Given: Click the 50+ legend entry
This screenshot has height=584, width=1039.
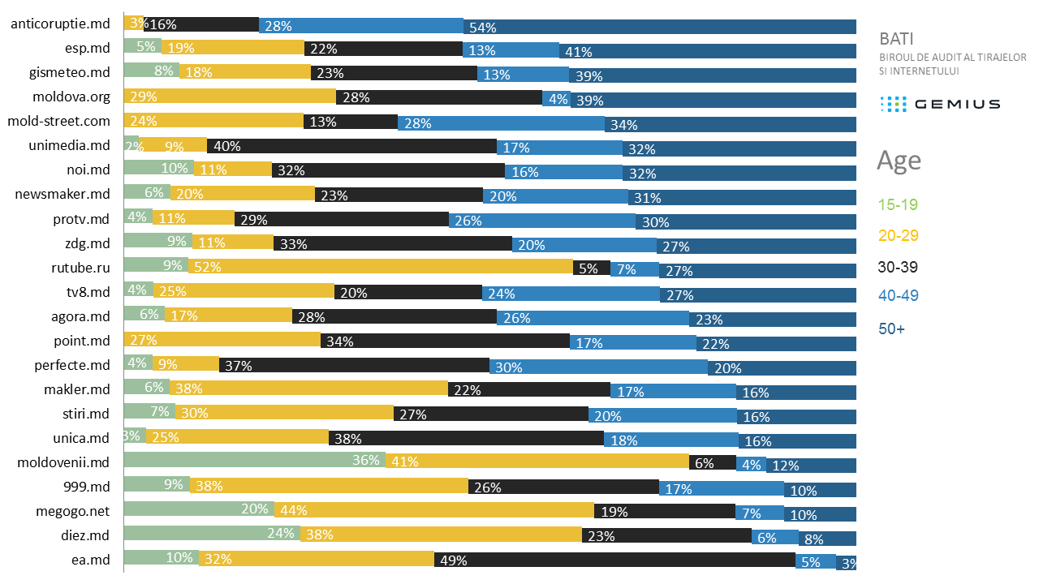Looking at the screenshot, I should coord(891,329).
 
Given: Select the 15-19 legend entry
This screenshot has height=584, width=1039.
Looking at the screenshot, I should coord(897,204).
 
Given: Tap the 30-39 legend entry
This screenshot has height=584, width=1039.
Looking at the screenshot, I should coord(899,267).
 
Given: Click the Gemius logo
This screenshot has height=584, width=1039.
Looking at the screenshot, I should coord(940,104).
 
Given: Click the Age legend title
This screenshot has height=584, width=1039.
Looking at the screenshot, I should coord(899,160).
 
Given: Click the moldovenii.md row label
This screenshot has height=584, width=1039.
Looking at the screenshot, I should coord(63,462).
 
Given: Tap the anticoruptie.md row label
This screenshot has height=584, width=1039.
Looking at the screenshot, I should coord(60,24).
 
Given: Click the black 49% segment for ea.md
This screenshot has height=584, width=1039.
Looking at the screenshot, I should coord(614,560).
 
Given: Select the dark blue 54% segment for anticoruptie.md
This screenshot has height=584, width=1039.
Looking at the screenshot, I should coord(659,26).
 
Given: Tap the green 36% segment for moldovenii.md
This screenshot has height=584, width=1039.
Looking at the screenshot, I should coord(254,462).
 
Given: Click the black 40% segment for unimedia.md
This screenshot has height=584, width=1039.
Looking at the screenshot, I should coord(351,146).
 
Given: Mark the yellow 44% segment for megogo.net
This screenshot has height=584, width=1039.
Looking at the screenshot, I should coord(433,510).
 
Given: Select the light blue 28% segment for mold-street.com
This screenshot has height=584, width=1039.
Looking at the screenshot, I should coord(501,122).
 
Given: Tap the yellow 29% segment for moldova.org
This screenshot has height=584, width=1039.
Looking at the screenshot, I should coord(230,97).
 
